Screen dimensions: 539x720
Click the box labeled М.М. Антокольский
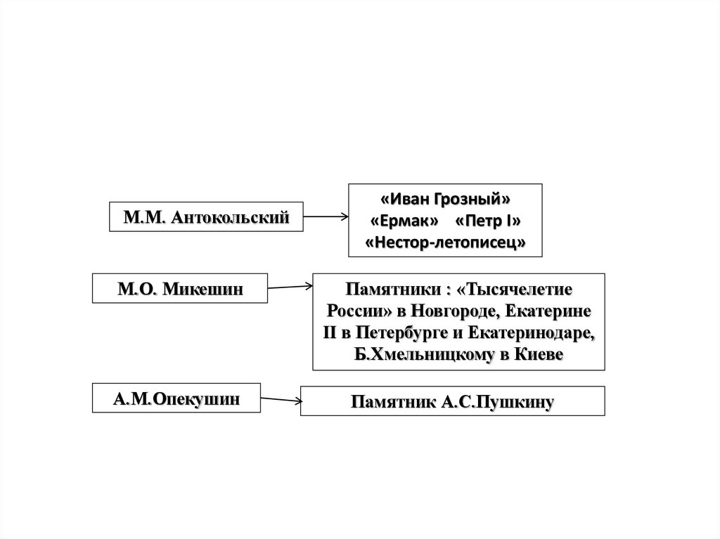(x=206, y=217)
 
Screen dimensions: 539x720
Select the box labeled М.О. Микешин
(x=181, y=289)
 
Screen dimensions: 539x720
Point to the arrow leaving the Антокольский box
(x=326, y=218)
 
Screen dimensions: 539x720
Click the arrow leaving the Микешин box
(x=290, y=286)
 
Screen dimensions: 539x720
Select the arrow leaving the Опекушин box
(x=281, y=401)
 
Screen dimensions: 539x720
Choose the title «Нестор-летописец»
(x=446, y=242)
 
